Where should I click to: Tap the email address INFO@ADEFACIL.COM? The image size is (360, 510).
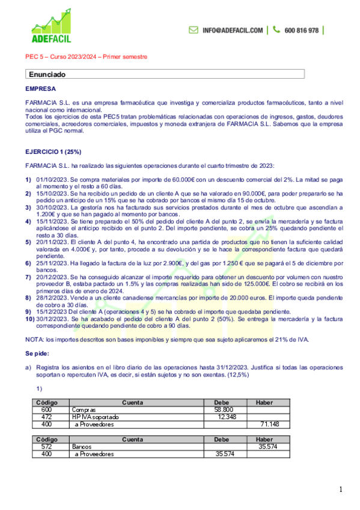[x=233, y=30]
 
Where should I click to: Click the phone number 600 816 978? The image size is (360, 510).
[x=301, y=30]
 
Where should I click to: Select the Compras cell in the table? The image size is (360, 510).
[x=84, y=409]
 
